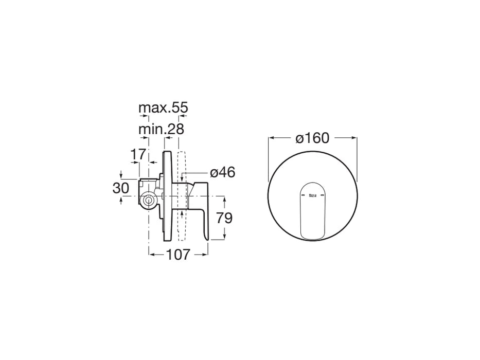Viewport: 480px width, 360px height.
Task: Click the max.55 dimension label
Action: tap(163, 108)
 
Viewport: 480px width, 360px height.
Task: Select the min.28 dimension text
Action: tap(161, 129)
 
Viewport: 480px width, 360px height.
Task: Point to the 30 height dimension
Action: tap(121, 188)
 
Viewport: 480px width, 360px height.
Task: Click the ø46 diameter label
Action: tap(222, 172)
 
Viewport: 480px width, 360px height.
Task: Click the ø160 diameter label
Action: tap(312, 138)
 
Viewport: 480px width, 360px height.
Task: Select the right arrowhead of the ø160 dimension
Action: tap(354, 138)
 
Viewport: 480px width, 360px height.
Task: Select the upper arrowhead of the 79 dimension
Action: tap(225, 198)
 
